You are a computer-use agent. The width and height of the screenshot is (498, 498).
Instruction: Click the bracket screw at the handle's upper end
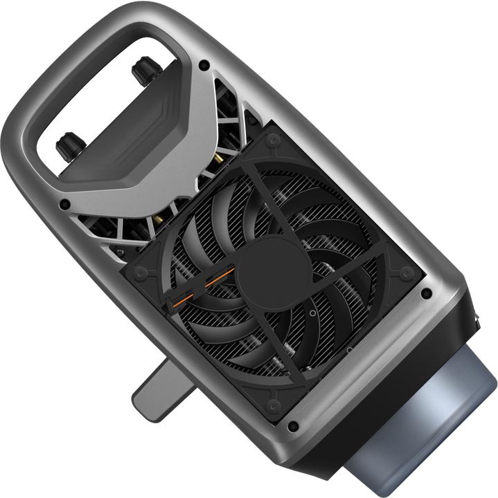(204, 65)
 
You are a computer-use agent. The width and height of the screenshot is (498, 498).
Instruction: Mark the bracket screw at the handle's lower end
(64, 205)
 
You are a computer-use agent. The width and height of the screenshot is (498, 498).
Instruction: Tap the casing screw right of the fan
(426, 294)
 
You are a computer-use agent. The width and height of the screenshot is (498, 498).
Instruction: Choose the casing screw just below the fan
(293, 426)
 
